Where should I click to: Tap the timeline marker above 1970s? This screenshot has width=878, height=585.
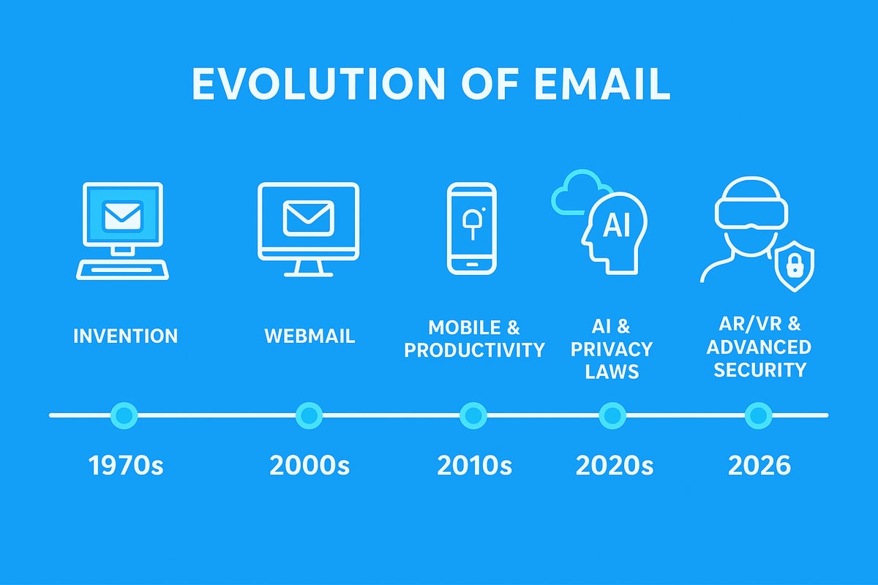124,415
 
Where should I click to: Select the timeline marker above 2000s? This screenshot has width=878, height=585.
309,415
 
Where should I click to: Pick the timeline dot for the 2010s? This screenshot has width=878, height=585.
473,415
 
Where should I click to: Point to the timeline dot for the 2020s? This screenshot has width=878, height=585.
612,415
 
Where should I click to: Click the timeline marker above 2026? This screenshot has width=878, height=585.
758,415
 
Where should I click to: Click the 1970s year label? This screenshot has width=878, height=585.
126,466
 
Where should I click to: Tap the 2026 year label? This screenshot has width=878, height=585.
759,466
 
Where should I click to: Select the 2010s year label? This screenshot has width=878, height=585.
474,466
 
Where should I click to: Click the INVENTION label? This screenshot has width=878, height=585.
125,336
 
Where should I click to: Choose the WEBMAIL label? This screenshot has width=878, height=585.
309,336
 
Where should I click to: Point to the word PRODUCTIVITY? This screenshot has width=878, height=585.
474,350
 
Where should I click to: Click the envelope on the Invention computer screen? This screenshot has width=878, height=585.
122,215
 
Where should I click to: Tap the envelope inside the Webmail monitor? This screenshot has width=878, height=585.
308,218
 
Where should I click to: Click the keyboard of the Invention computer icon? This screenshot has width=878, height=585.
123,269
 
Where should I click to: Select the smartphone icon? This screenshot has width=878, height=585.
472,228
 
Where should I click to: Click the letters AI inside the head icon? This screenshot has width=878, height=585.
615,227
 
